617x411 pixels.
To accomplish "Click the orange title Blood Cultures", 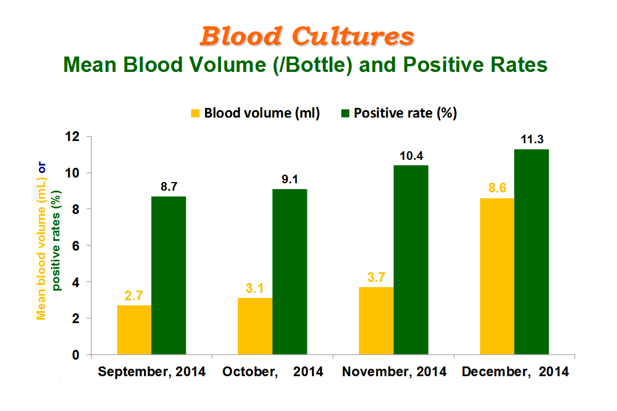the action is coord(307,36).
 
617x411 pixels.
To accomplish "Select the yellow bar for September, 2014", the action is coord(134,329).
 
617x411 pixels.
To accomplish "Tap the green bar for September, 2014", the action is coord(169,275).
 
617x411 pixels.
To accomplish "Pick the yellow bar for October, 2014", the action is coord(255,326).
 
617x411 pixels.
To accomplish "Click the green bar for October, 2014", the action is coord(290,272).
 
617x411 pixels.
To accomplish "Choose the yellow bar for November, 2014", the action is coord(376,321).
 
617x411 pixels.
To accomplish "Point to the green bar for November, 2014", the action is coord(411,260).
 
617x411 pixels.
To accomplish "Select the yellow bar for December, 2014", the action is coord(497,276).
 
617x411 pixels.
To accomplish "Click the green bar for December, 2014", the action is coord(532,252).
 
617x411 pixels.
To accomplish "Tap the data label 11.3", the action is coord(532,139).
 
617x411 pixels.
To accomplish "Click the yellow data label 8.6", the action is coord(498,188).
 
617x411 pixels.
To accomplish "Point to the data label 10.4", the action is coord(411,156).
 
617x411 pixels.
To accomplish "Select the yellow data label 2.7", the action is coord(134,295).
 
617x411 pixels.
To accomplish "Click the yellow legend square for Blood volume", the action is coord(195,113).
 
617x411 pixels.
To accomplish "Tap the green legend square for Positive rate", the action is coord(345,113).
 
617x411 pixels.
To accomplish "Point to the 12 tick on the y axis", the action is coord(73,136).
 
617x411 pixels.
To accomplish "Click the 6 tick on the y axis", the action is coord(75,246).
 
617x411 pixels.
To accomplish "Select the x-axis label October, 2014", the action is coord(273,371).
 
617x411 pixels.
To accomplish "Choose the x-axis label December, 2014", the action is coord(515,371).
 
